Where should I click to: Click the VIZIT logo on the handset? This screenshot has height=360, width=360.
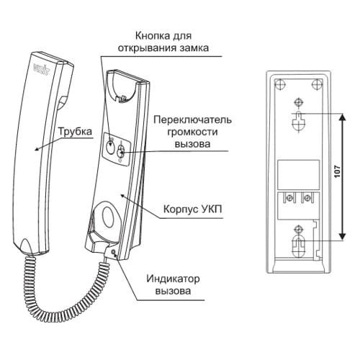pyautogui.click(x=41, y=70)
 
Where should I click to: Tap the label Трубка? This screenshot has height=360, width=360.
pyautogui.click(x=75, y=132)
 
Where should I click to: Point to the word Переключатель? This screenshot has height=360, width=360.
pyautogui.click(x=193, y=120)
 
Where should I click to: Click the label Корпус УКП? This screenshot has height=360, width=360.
pyautogui.click(x=192, y=210)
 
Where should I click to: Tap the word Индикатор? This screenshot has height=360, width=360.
pyautogui.click(x=173, y=279)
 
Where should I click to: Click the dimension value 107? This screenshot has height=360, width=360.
pyautogui.click(x=338, y=171)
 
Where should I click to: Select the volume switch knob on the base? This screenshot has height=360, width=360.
pyautogui.click(x=121, y=152)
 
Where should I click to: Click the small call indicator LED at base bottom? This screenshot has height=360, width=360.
pyautogui.click(x=113, y=252)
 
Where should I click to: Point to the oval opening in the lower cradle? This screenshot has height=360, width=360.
pyautogui.click(x=109, y=215)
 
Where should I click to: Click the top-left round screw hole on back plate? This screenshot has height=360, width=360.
pyautogui.click(x=280, y=85)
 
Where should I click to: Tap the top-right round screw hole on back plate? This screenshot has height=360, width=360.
pyautogui.click(x=317, y=85)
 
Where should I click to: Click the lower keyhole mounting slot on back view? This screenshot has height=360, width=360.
pyautogui.click(x=298, y=246)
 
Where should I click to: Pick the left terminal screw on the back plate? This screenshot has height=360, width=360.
pyautogui.click(x=290, y=198)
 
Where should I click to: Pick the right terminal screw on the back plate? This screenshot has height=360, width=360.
pyautogui.click(x=307, y=198)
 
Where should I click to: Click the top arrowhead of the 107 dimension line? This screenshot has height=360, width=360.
pyautogui.click(x=343, y=117)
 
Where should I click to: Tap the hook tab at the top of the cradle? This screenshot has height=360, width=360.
pyautogui.click(x=122, y=99)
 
